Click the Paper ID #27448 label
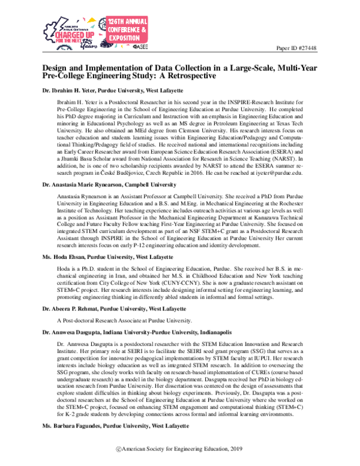coord(298,47)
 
